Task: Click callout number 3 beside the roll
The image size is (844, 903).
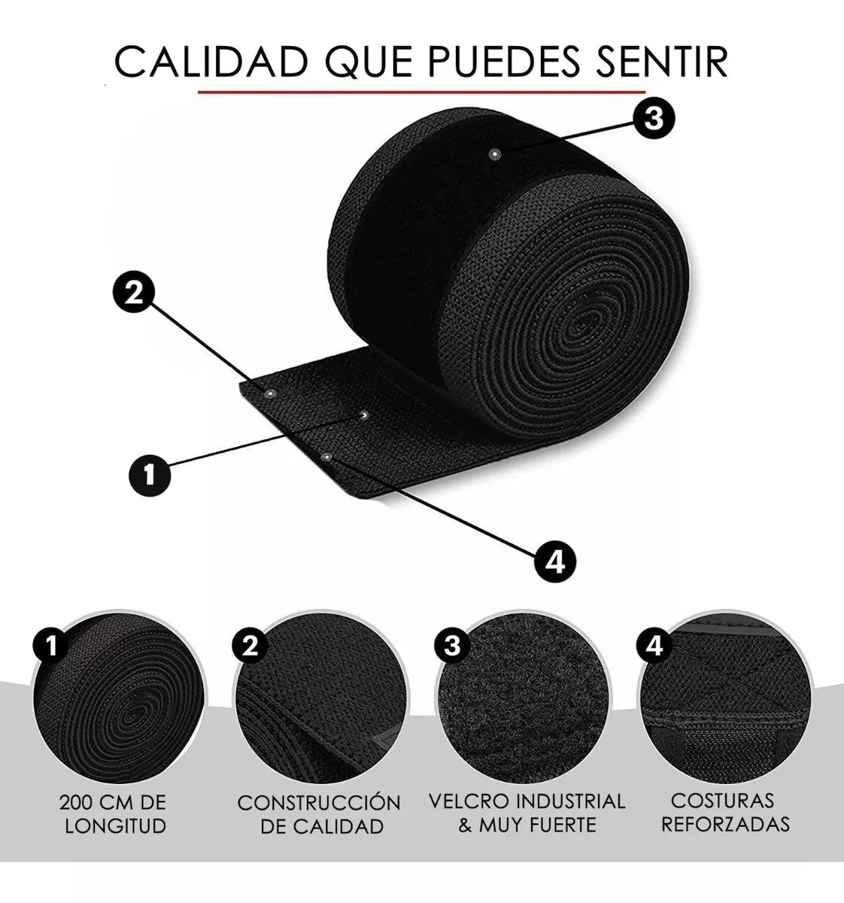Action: click(652, 118)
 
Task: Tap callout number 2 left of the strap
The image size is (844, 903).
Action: click(133, 293)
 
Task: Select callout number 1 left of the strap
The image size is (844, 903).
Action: click(148, 475)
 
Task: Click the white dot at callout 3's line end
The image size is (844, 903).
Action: click(494, 154)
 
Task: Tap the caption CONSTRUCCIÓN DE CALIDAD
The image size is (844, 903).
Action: click(319, 814)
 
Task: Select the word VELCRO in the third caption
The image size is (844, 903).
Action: click(469, 801)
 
